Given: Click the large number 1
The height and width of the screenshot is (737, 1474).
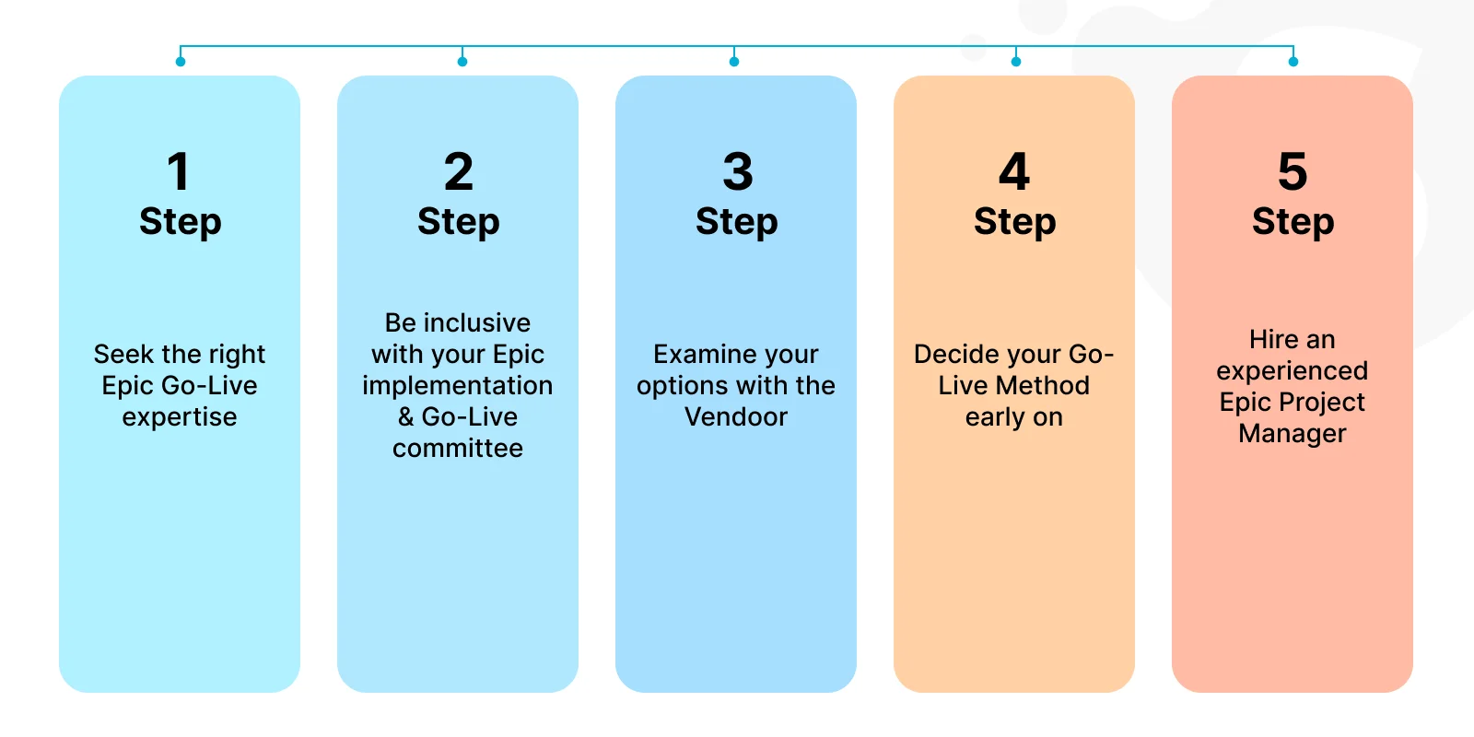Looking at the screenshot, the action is coord(179,171).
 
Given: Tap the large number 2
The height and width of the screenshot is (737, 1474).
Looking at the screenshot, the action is coord(459,171).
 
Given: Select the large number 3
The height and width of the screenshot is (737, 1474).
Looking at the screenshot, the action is coord(738,171).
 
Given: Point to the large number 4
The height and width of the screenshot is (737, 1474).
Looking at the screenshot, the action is coord(1014,171).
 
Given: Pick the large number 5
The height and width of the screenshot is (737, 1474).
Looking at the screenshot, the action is coord(1293,171).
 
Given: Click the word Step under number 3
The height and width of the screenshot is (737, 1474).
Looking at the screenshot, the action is coord(736,222).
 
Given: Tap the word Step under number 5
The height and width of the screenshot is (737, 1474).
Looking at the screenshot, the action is coord(1293,222).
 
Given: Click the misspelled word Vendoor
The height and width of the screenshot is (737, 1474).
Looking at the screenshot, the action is coord(736,416).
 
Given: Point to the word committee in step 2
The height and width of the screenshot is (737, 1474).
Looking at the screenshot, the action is coord(458,448).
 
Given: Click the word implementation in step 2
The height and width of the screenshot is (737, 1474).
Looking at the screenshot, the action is coord(457,386).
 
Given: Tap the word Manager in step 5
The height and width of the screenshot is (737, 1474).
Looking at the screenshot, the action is coord(1293,434).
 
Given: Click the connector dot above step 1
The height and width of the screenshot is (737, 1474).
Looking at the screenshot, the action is coord(181,62).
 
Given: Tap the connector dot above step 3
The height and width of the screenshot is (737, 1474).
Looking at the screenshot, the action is coord(734,62).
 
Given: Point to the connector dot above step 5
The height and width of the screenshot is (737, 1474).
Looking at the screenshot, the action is coord(1293,62).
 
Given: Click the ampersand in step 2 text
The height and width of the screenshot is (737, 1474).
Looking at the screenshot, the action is coord(406,416).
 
